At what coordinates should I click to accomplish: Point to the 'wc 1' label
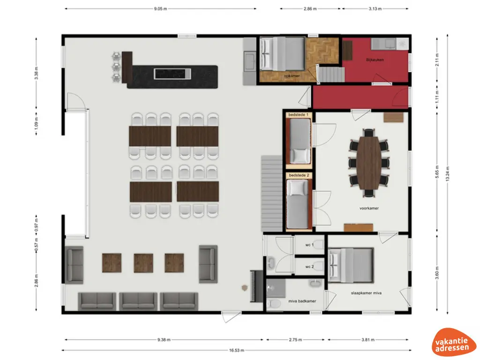[309, 245]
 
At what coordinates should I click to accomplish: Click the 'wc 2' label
[309, 267]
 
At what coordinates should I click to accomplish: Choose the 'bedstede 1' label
[299, 115]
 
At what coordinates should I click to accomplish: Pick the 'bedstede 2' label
[299, 175]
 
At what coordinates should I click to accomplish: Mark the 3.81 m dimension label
[369, 340]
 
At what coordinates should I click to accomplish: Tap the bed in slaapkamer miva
[352, 264]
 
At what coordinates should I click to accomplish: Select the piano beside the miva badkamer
[256, 285]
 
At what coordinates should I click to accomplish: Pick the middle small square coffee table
[143, 262]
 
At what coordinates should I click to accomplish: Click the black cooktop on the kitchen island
[172, 74]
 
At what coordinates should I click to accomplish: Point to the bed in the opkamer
[282, 53]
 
